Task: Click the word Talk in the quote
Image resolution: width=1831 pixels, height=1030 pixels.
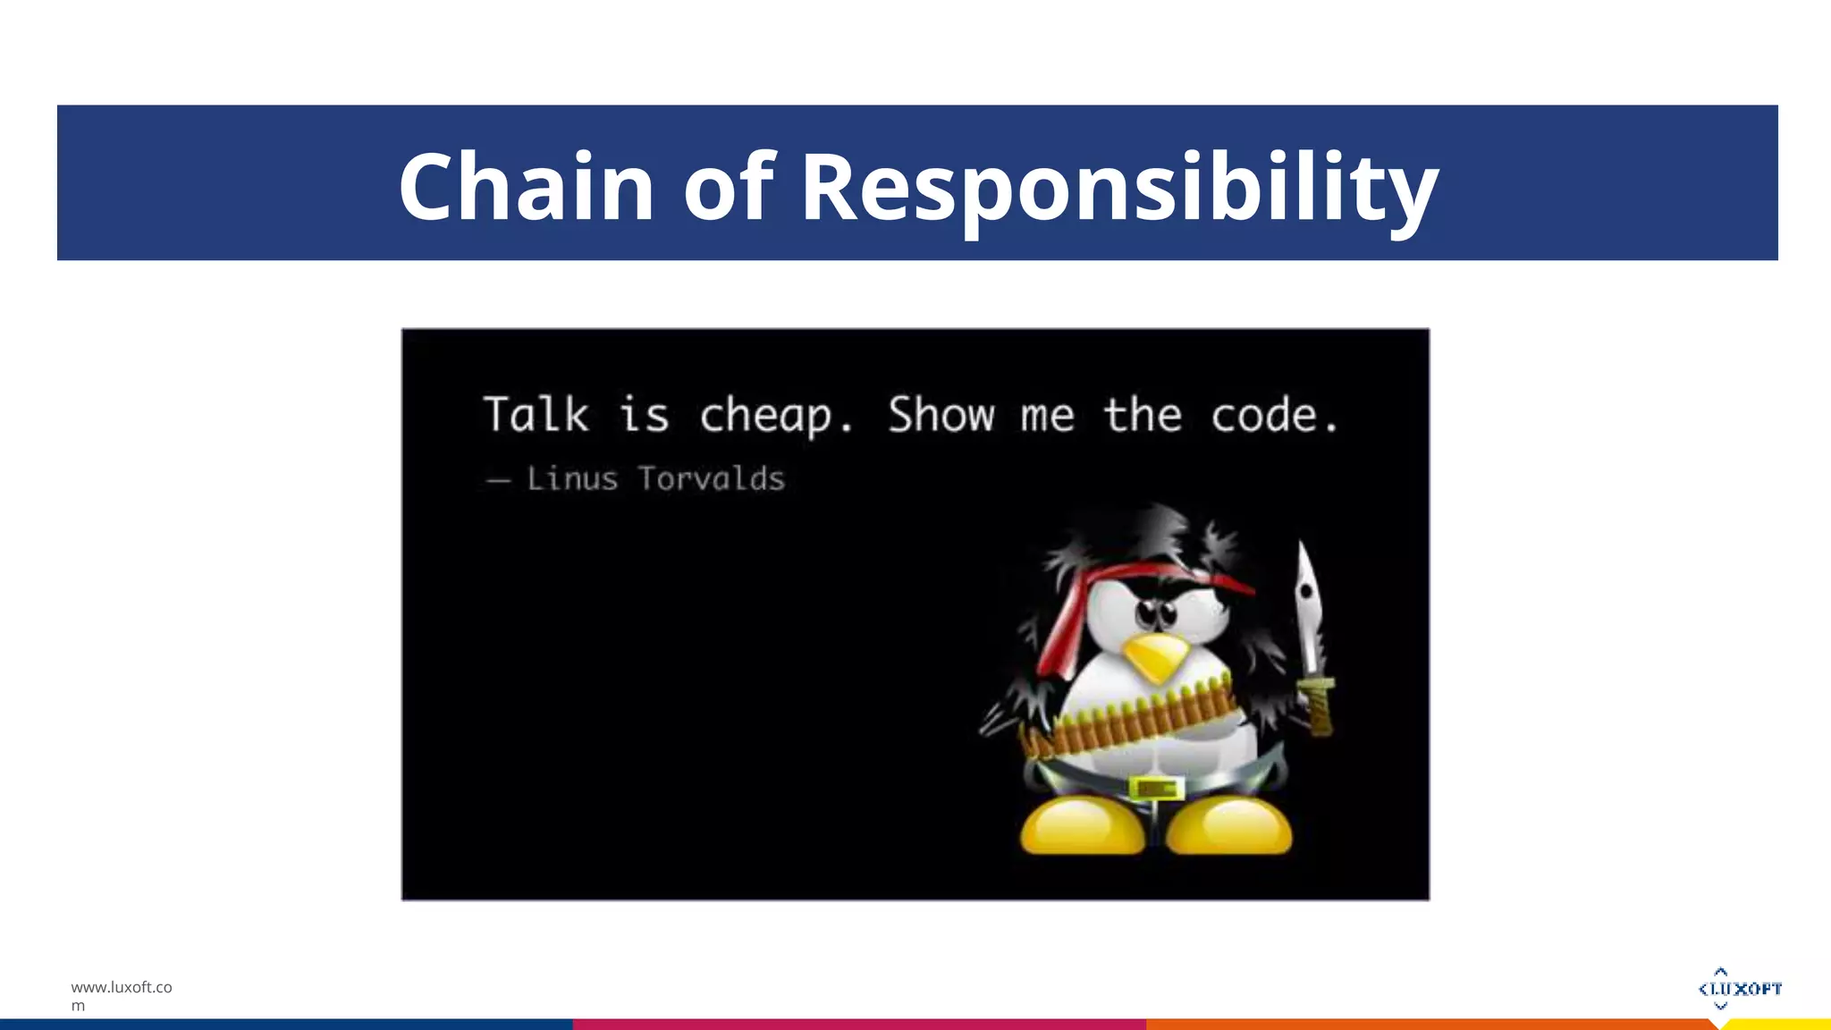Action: click(536, 415)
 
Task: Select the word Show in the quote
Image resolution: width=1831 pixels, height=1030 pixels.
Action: click(941, 415)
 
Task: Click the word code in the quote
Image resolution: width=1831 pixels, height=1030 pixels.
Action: click(1264, 415)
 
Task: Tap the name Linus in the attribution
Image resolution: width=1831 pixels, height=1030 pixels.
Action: click(572, 479)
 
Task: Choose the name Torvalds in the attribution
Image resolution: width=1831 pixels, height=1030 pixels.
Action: click(712, 479)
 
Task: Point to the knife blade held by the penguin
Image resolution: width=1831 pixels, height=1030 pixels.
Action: click(1307, 608)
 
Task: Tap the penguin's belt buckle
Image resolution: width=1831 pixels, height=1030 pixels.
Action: click(1156, 789)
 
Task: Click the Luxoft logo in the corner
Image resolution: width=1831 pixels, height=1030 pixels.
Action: click(1739, 988)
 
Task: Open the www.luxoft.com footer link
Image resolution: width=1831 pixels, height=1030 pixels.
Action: click(122, 994)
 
